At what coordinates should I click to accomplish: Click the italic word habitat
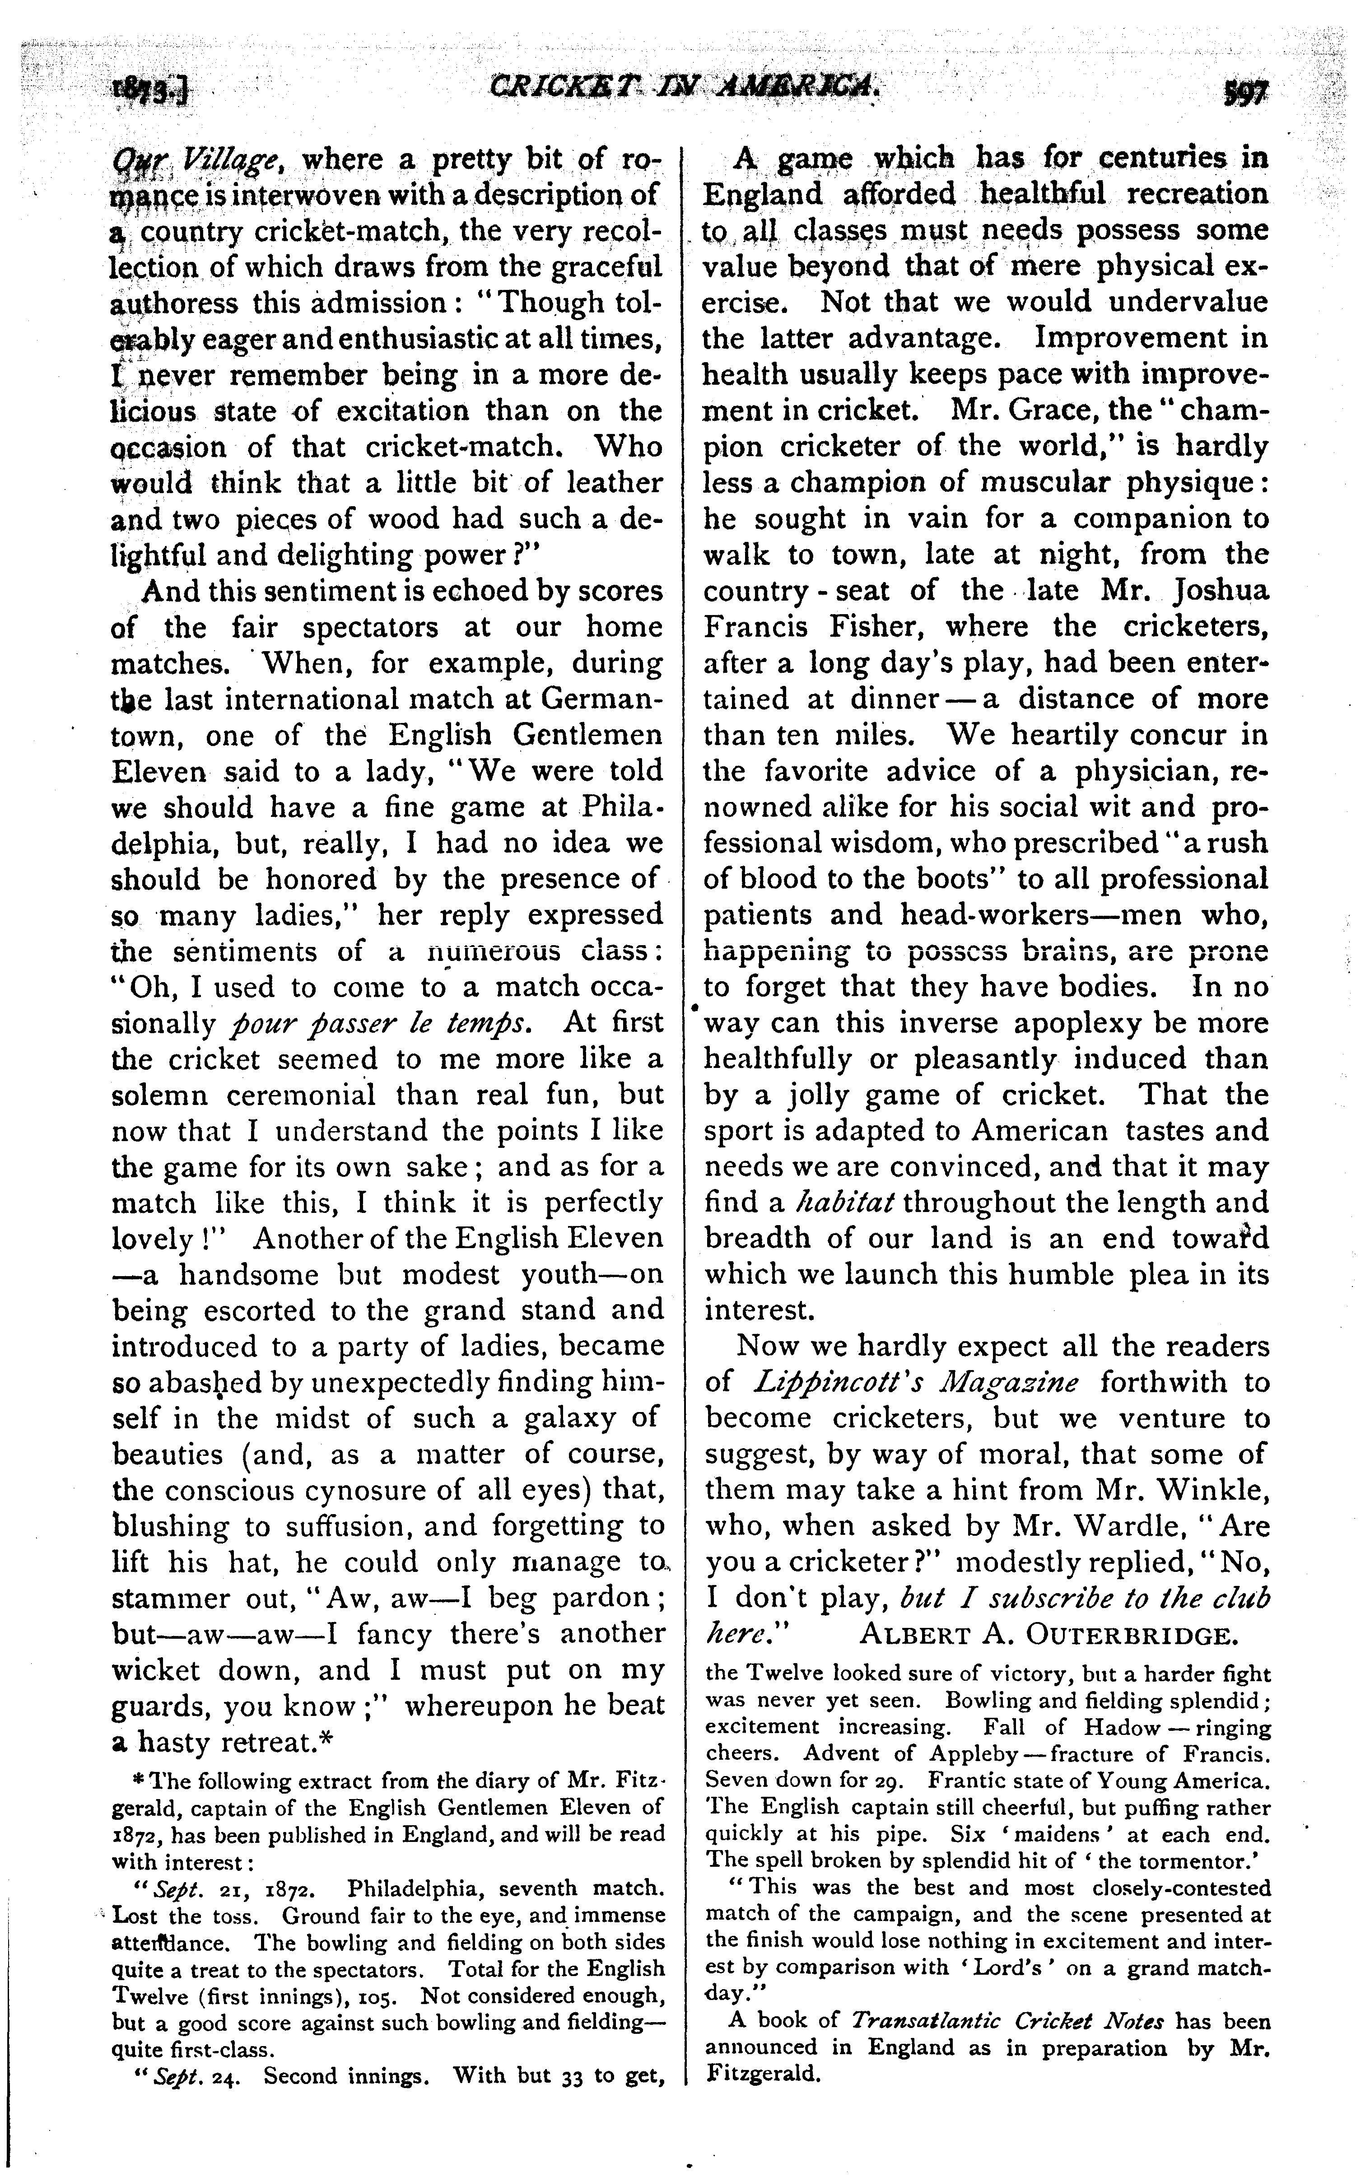coord(844,1203)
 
